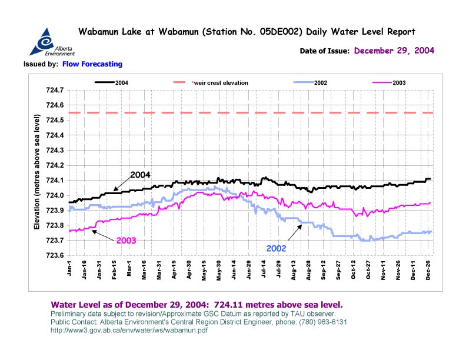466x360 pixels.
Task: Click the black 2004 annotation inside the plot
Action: click(141, 175)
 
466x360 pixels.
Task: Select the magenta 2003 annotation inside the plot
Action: click(127, 241)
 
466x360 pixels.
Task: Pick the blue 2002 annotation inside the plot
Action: click(277, 249)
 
